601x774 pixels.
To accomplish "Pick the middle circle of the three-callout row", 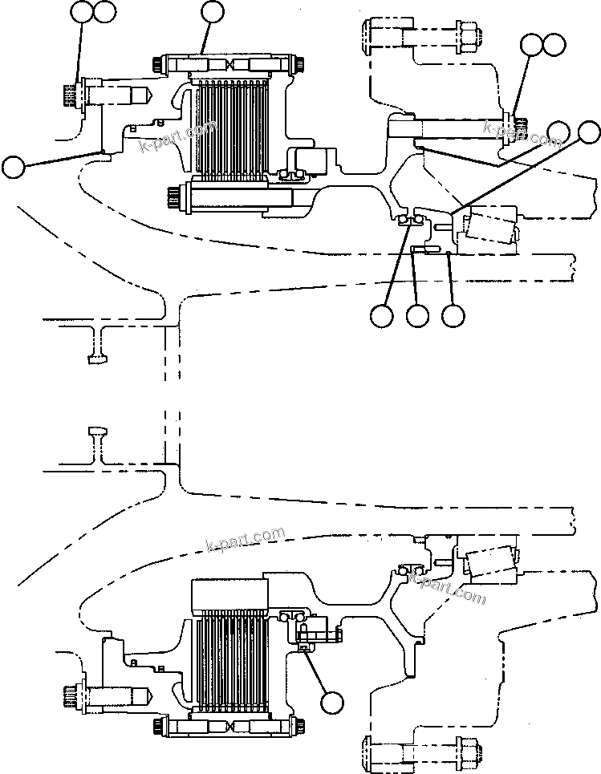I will click(417, 316).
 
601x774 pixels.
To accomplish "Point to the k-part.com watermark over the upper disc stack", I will click(178, 136).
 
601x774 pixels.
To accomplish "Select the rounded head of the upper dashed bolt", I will click(370, 34).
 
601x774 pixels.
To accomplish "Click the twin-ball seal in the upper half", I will click(410, 221).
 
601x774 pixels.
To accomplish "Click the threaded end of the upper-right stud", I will click(523, 124).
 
